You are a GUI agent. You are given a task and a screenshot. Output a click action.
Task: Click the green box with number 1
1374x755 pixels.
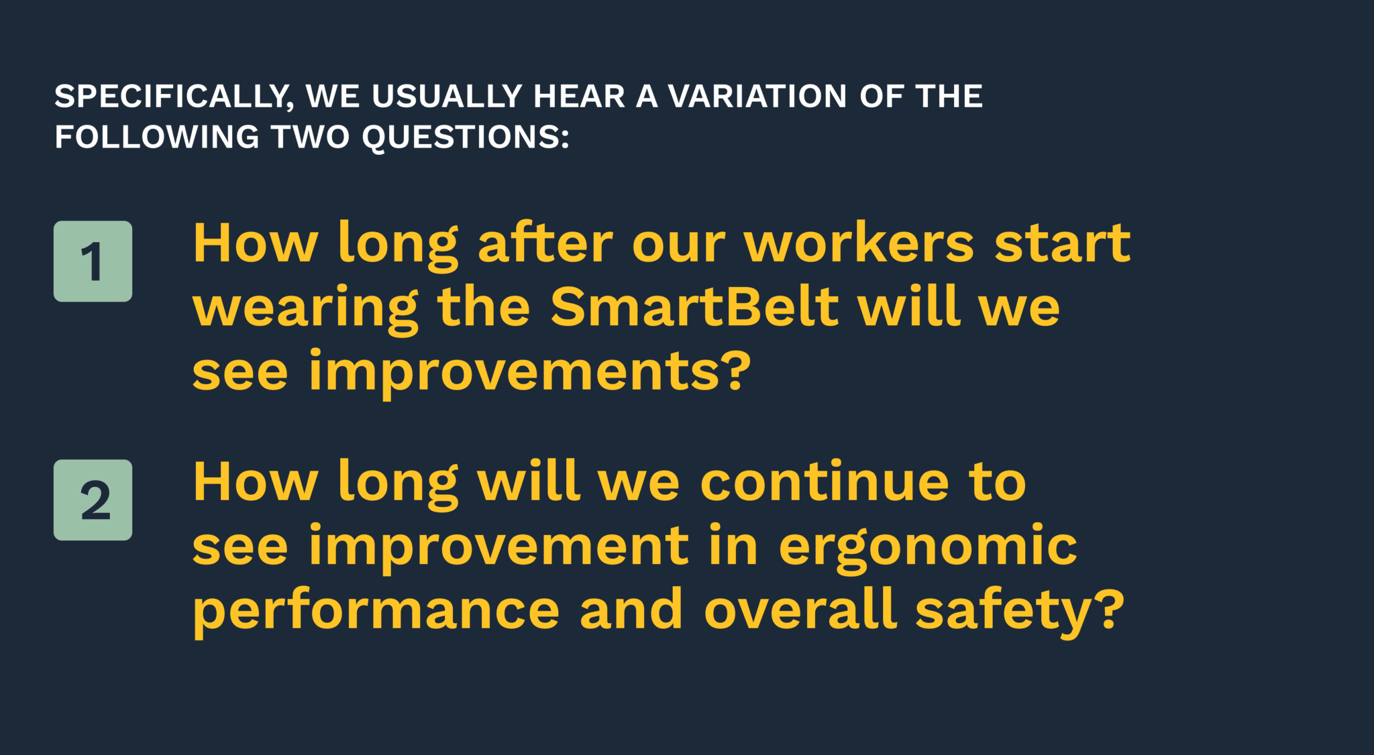pyautogui.click(x=93, y=261)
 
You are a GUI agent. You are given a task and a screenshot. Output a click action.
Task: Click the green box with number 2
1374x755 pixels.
pyautogui.click(x=93, y=500)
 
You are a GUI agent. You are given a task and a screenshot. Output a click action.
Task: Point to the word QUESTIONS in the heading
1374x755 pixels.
pyautogui.click(x=466, y=137)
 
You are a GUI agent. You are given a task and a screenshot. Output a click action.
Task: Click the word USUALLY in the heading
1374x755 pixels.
pyautogui.click(x=447, y=96)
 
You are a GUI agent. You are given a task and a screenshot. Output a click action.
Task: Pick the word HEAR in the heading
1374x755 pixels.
pyautogui.click(x=579, y=96)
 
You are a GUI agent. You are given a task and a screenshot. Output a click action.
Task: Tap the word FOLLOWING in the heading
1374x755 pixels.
pyautogui.click(x=157, y=137)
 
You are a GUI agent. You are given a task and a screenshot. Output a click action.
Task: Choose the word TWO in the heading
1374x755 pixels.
pyautogui.click(x=311, y=137)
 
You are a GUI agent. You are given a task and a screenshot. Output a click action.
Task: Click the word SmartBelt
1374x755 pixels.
pyautogui.click(x=694, y=306)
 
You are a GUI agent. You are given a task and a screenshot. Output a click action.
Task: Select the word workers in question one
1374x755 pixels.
pyautogui.click(x=859, y=243)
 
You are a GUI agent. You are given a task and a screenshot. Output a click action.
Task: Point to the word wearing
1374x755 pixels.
pyautogui.click(x=305, y=309)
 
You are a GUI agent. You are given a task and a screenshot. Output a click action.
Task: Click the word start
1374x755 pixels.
pyautogui.click(x=1062, y=243)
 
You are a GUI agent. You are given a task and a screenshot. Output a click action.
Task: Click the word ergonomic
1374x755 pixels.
pyautogui.click(x=928, y=548)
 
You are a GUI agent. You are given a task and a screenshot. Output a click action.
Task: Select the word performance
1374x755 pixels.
pyautogui.click(x=376, y=612)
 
